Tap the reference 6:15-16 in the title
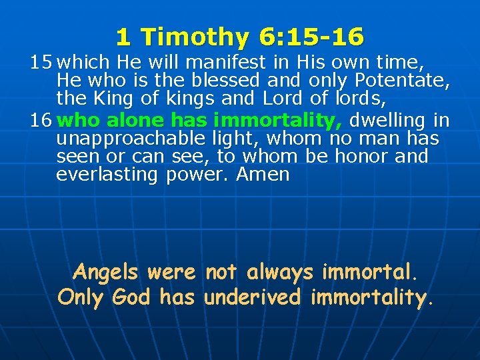pyautogui.click(x=307, y=37)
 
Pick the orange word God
pyautogui.click(x=136, y=297)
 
